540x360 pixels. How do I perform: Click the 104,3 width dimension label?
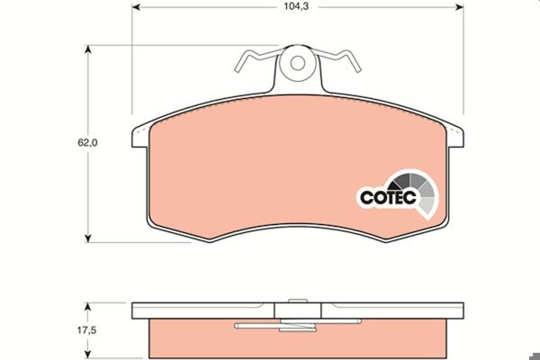[296, 6]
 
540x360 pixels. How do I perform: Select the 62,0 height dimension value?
[87, 142]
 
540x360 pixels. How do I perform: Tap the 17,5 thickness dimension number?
[86, 330]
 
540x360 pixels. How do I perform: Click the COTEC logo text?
[388, 197]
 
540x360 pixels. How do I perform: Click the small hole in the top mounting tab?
[298, 63]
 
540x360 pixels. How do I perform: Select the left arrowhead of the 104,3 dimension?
[136, 7]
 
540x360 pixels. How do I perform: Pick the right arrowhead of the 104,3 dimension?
[459, 7]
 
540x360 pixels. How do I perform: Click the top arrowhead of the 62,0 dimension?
[88, 49]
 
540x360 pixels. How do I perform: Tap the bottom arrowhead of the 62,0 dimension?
[88, 238]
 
